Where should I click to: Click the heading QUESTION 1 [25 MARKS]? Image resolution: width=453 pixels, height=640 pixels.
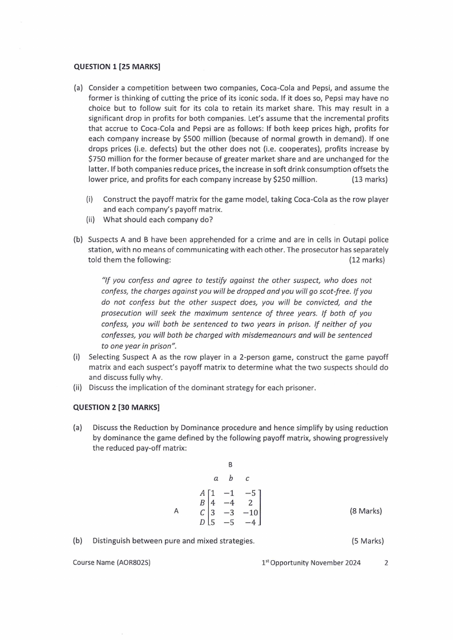click(x=116, y=67)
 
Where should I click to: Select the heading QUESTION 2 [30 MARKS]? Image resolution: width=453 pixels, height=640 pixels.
click(x=116, y=407)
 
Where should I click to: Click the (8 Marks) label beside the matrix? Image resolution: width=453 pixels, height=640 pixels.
click(x=366, y=511)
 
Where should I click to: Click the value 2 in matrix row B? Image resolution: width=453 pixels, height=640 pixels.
click(x=250, y=503)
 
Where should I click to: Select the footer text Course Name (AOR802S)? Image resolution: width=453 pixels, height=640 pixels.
click(x=112, y=562)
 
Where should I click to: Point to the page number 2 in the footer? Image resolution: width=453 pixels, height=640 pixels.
click(x=386, y=562)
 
